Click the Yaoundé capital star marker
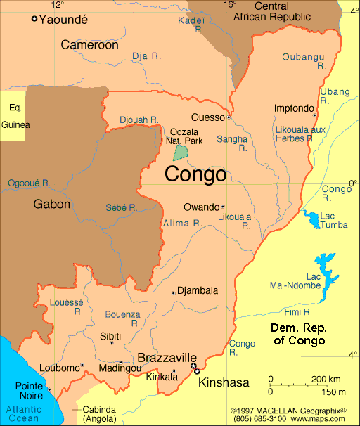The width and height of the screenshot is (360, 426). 34,19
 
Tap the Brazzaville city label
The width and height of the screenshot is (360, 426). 167,357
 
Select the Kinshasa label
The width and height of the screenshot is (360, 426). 224,382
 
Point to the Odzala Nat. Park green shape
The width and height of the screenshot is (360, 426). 181,151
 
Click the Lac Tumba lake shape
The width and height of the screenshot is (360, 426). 311,220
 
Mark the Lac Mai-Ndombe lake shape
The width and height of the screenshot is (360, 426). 324,274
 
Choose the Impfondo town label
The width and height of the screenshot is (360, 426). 293,108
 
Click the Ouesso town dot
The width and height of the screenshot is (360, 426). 229,117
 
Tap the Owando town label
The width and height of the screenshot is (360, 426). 201,207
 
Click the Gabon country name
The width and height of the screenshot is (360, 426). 52,205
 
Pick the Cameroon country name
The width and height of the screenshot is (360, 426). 89,45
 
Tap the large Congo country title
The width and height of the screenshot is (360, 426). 195,174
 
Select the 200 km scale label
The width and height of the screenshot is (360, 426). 326,380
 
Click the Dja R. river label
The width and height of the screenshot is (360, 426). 146,56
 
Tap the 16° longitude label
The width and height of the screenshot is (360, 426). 230,4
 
